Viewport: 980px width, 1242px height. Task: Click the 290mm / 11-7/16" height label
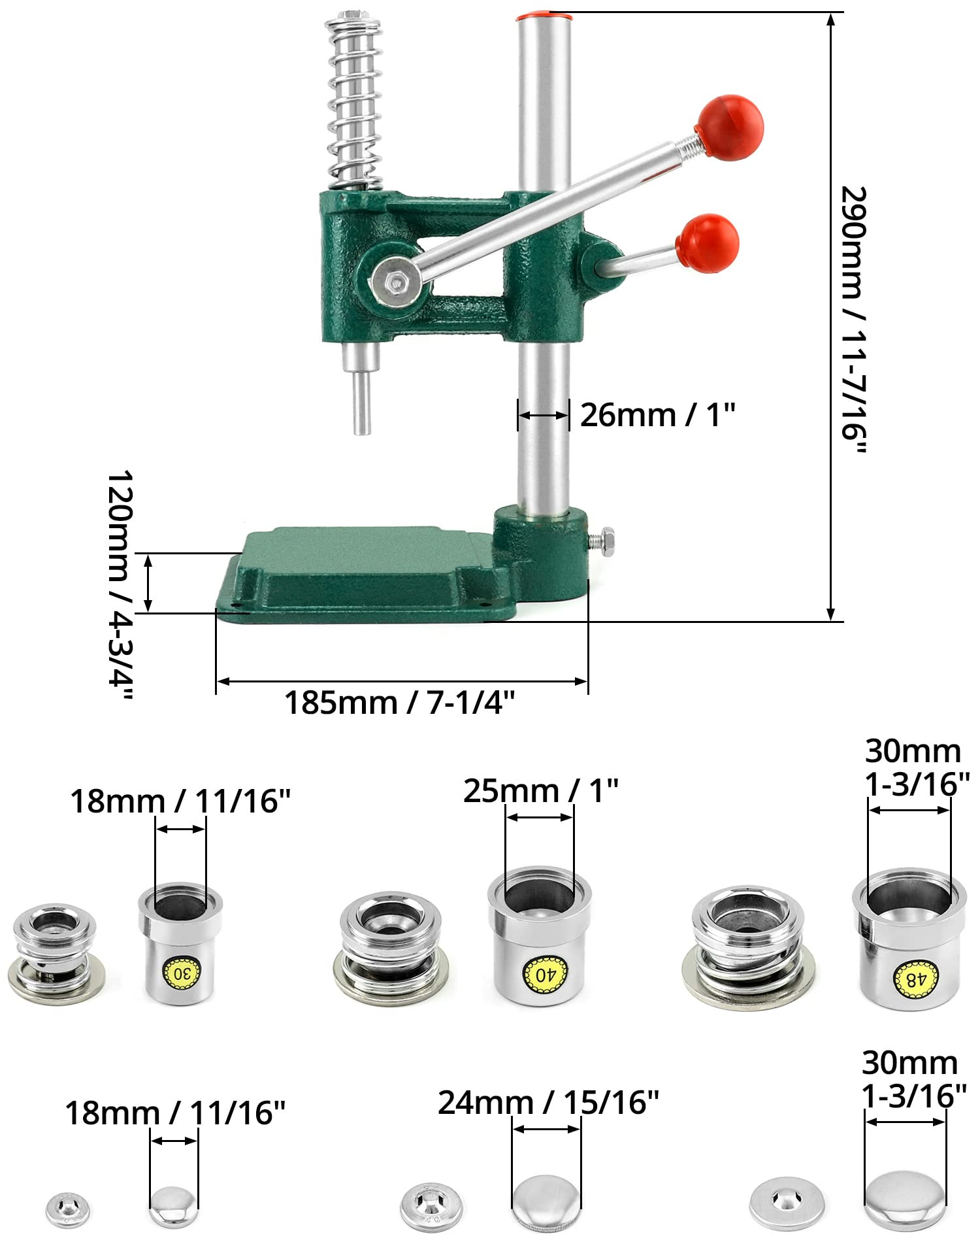(853, 321)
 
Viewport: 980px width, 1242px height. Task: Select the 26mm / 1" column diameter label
(658, 414)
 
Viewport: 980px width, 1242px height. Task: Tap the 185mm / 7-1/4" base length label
(400, 703)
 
